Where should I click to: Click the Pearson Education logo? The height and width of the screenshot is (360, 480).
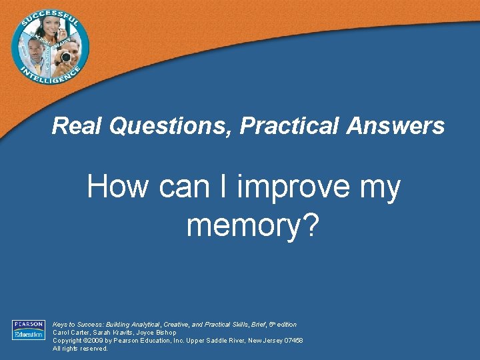click(x=28, y=330)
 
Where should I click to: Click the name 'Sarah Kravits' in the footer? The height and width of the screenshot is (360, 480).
click(x=113, y=333)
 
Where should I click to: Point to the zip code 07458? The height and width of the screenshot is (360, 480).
click(x=293, y=340)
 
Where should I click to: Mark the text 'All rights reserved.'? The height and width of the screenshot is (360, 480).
click(x=80, y=348)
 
